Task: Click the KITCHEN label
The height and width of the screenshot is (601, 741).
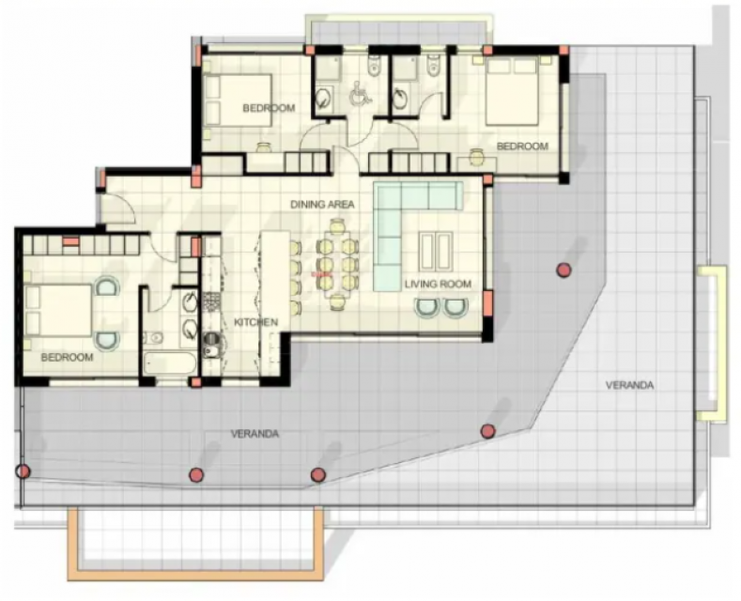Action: tap(255, 322)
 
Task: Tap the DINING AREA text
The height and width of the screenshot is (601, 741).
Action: tap(322, 205)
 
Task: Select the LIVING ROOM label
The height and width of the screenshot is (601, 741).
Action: tap(438, 284)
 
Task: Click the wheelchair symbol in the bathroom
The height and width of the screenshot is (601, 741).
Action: tap(360, 92)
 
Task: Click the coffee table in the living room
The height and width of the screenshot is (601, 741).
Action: tap(436, 252)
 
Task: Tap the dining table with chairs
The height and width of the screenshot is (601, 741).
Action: tap(337, 265)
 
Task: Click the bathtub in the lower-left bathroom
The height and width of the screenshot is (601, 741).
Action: tap(170, 363)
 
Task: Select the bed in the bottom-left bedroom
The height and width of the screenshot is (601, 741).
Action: tap(58, 311)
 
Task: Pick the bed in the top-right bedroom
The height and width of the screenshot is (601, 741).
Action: tap(512, 91)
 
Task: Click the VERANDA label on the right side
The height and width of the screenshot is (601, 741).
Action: tap(629, 385)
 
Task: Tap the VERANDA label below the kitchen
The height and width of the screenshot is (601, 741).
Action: tap(255, 434)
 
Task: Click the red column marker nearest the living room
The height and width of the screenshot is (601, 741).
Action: tap(563, 270)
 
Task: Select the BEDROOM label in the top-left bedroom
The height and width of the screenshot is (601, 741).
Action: tap(269, 108)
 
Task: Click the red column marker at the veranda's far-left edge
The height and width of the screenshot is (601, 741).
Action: tap(23, 471)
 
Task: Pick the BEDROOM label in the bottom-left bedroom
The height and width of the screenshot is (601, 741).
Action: tap(67, 357)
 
